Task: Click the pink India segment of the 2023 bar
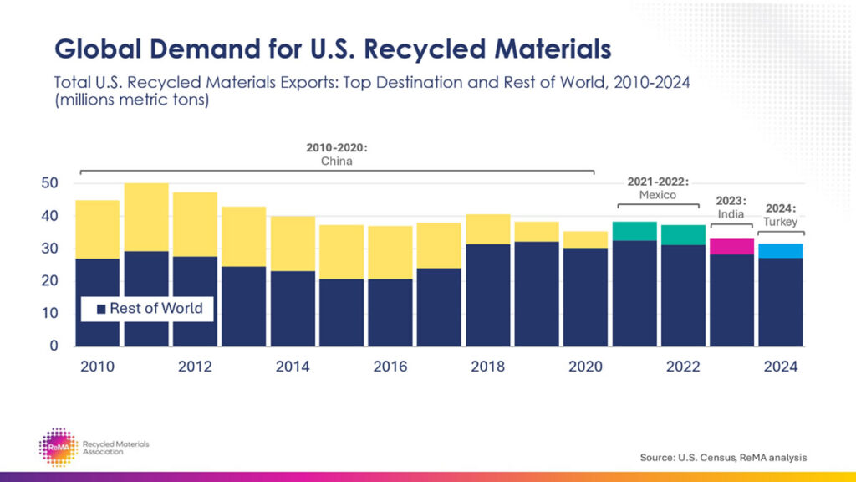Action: click(732, 246)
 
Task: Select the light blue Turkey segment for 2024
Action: click(781, 250)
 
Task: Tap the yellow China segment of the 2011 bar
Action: click(146, 217)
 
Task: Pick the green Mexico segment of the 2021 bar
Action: click(634, 231)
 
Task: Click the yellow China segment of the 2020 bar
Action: click(585, 239)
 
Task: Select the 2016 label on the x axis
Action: click(390, 367)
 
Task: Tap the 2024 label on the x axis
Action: click(781, 367)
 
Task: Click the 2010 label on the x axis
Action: click(97, 367)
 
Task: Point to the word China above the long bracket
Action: click(337, 161)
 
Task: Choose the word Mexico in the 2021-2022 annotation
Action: click(658, 194)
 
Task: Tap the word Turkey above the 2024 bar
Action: click(781, 222)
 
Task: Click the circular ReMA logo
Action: click(58, 447)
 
